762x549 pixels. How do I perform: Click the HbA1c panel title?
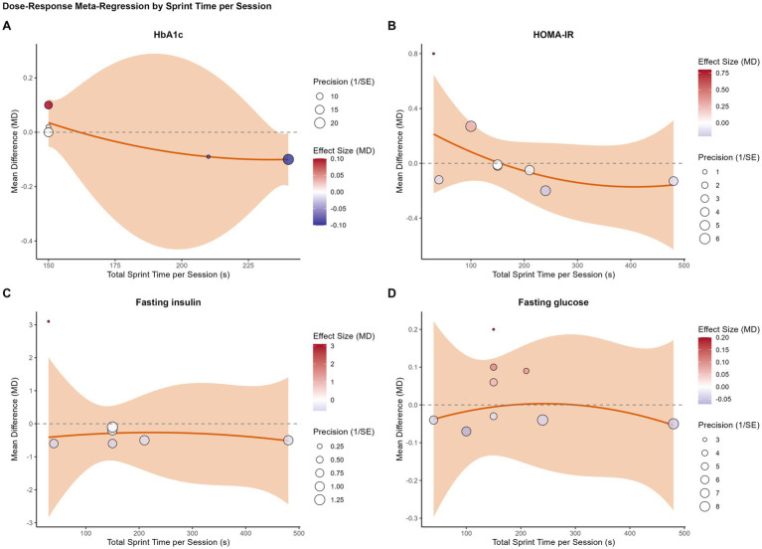[x=168, y=35]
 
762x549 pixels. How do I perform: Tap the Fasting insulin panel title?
[x=168, y=302]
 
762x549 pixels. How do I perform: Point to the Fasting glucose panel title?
[x=553, y=302]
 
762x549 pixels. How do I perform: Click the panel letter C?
[x=6, y=293]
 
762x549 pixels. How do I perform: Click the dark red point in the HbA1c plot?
[x=49, y=105]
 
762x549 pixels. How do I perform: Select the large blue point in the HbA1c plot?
[x=288, y=159]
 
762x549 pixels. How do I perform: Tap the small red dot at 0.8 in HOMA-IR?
[x=433, y=54]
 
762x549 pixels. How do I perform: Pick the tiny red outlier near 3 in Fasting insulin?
[x=48, y=321]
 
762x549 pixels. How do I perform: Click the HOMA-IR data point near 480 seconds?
[x=673, y=181]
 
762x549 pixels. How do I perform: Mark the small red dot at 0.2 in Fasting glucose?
[x=493, y=329]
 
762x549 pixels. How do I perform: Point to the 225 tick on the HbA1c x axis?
[x=248, y=266]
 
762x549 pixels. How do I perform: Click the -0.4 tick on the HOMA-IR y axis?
[x=412, y=219]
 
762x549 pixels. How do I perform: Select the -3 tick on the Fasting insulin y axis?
[x=30, y=523]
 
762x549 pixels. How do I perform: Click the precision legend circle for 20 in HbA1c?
[x=319, y=122]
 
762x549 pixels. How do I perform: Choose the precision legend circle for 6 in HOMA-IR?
[x=704, y=239]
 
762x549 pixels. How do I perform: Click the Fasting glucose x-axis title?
[x=553, y=542]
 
